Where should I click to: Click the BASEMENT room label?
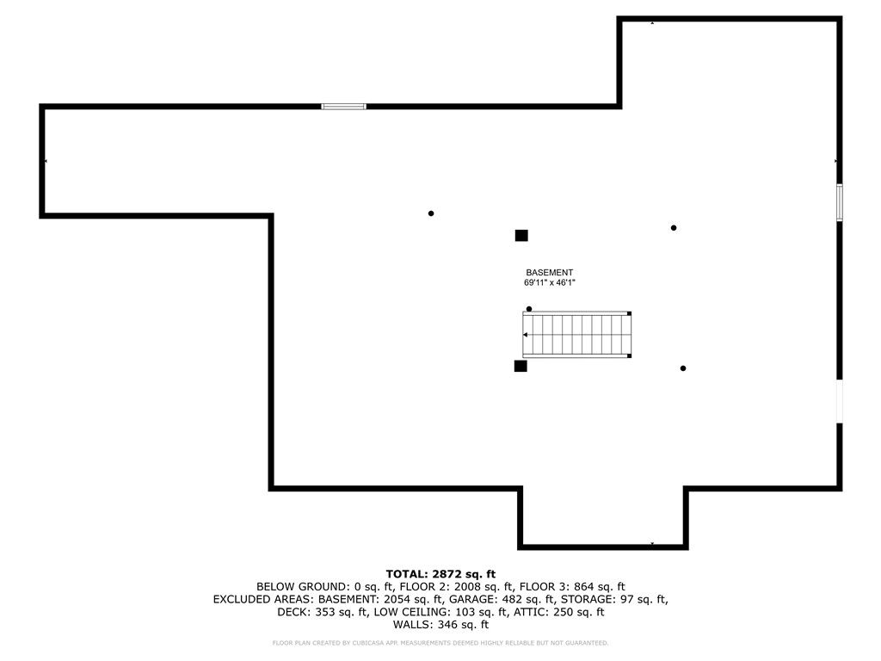[x=549, y=273]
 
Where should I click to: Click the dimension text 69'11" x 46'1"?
[x=550, y=282]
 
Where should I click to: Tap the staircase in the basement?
[x=577, y=335]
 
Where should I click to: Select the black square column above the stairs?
[x=521, y=236]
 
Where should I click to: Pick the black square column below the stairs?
[x=521, y=366]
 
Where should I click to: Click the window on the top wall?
[x=344, y=106]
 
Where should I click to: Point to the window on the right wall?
[x=840, y=202]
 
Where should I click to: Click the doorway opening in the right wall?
[x=840, y=401]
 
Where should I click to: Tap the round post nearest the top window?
[x=431, y=213]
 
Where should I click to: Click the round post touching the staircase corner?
[x=529, y=309]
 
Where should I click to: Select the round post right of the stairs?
[x=682, y=368]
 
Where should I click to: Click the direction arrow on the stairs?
[x=526, y=335]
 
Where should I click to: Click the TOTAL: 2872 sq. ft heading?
[x=440, y=574]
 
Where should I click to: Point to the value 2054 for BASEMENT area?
[x=396, y=599]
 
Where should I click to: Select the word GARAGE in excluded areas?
[x=470, y=599]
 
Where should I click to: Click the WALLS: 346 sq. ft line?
[x=440, y=625]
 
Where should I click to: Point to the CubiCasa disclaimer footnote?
[x=440, y=643]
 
